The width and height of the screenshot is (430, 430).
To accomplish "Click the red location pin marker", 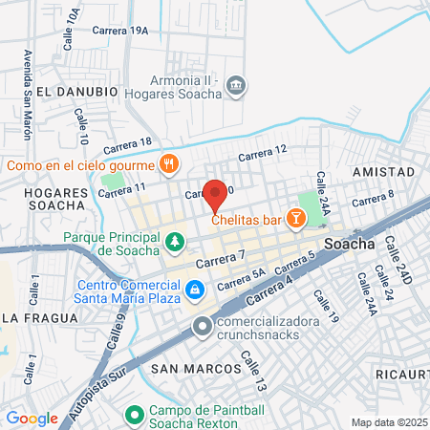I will [x=216, y=195].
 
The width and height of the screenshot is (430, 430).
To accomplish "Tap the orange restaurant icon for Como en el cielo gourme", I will [x=169, y=163].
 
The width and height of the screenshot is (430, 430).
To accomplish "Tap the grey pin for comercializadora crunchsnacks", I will [x=202, y=328].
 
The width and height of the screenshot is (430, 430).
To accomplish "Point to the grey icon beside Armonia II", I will [x=235, y=88].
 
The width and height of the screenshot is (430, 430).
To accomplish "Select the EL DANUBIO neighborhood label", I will [x=78, y=91].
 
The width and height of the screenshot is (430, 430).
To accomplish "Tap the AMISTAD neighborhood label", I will [x=382, y=171].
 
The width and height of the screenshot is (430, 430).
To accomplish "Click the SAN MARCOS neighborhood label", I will [x=196, y=368].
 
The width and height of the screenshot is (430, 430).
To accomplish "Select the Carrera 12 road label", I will [x=263, y=153].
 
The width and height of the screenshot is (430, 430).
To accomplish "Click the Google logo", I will [x=32, y=418].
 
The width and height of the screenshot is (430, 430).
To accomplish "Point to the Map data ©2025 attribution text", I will [x=389, y=422].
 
